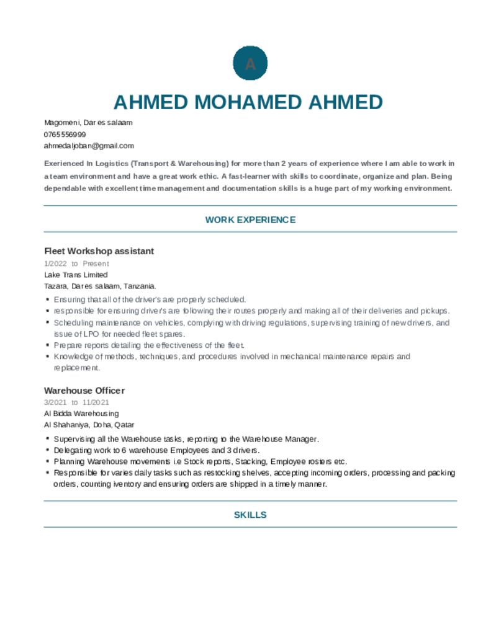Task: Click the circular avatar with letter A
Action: click(x=250, y=63)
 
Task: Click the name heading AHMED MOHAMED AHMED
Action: click(x=248, y=102)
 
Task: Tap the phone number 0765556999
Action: click(x=65, y=134)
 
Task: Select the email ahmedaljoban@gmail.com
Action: click(x=89, y=146)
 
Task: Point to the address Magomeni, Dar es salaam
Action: click(x=88, y=123)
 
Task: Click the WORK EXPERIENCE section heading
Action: click(x=250, y=220)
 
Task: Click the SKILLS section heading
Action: click(x=250, y=515)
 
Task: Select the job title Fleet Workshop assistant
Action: click(x=99, y=251)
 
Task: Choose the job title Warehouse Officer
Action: click(x=84, y=390)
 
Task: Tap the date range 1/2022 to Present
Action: click(x=76, y=264)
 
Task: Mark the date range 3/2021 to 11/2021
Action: click(x=76, y=402)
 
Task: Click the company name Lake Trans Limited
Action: click(x=76, y=275)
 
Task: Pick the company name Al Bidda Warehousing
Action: click(x=81, y=413)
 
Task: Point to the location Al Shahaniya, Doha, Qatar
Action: click(x=89, y=425)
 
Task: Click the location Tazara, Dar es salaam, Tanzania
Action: click(x=100, y=286)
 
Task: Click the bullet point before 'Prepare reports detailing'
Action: click(x=48, y=345)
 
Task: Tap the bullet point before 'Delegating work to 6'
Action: click(x=48, y=450)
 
